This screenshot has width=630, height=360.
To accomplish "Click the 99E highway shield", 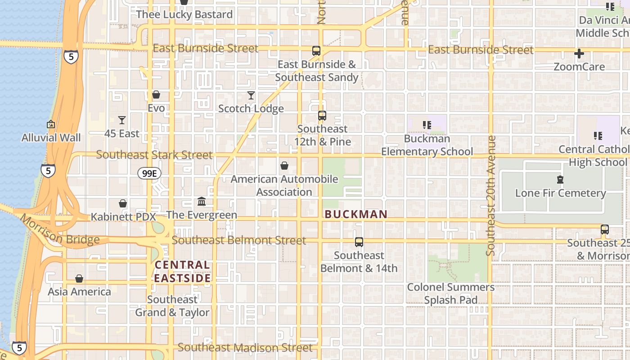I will (149, 173).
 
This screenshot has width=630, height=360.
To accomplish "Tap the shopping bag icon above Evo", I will (156, 94).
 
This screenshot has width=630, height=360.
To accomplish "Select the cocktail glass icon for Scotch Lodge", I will (251, 95).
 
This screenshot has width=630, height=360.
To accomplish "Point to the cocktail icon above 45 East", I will (121, 120).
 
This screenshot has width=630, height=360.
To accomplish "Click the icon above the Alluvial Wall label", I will (51, 124).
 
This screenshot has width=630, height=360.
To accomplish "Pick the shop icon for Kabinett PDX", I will (123, 203).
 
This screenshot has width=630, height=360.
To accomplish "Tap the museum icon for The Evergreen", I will (202, 201).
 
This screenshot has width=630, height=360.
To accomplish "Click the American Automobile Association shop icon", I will (284, 166).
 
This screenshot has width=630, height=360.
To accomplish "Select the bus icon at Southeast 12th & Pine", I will (322, 116).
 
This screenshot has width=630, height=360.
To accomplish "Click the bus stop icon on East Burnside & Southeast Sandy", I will (316, 51).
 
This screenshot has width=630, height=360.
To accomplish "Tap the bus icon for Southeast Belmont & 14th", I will (359, 242).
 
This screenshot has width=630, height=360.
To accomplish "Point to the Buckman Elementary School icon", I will (427, 125).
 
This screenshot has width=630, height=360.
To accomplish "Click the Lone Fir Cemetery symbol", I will (560, 180).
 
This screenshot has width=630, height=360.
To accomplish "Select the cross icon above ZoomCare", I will (579, 54).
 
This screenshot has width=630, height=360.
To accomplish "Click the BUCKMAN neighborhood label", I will (356, 214).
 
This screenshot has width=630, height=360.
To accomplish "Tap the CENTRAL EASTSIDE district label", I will (182, 272).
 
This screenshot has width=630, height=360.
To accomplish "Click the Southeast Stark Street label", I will (154, 155).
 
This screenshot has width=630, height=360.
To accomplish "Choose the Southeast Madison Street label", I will (245, 347).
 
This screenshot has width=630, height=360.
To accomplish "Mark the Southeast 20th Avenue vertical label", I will (491, 196).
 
